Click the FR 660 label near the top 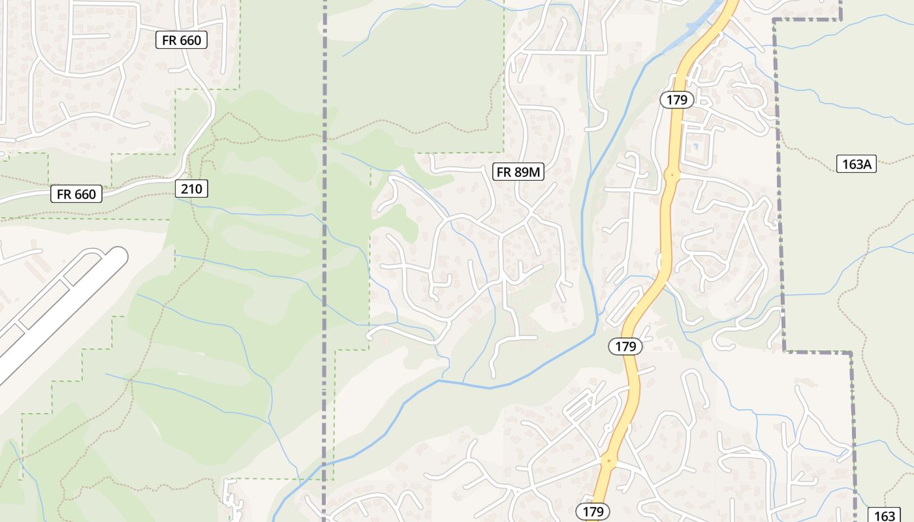pyautogui.click(x=181, y=40)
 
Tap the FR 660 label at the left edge pyautogui.click(x=76, y=194)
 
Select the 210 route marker pyautogui.click(x=191, y=189)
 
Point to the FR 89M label pyautogui.click(x=518, y=172)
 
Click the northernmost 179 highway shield pyautogui.click(x=677, y=100)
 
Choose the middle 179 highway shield pyautogui.click(x=625, y=346)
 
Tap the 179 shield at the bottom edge pyautogui.click(x=593, y=510)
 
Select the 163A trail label pyautogui.click(x=857, y=164)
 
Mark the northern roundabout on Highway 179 pyautogui.click(x=671, y=175)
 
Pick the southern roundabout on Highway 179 pyautogui.click(x=608, y=461)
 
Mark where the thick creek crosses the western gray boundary pyautogui.click(x=324, y=465)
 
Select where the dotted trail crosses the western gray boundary pyautogui.click(x=324, y=138)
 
